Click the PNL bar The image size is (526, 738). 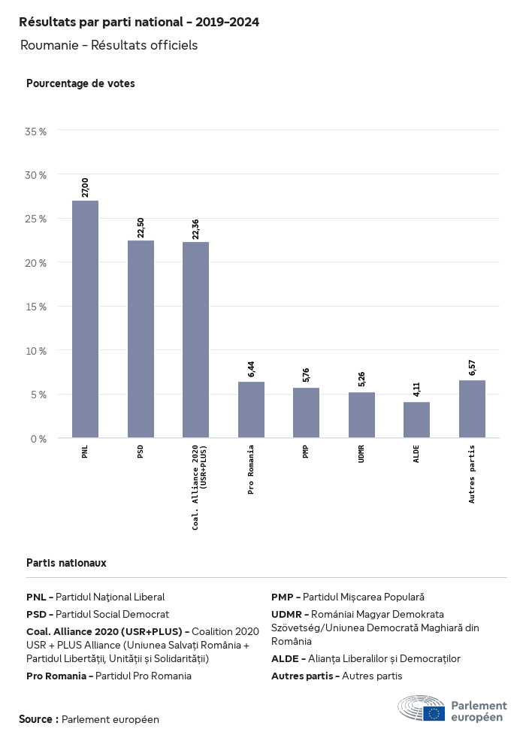tap(85, 319)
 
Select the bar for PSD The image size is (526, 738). tap(141, 339)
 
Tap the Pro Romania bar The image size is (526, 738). tap(251, 410)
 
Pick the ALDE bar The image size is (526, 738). tap(416, 419)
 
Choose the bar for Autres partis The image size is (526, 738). tap(472, 409)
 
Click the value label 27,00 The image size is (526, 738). tap(85, 187)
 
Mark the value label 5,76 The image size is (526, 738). tap(306, 375)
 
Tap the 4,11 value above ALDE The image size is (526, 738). tap(416, 389)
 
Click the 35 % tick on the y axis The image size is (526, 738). tap(36, 132)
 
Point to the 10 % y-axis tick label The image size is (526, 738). tap(36, 351)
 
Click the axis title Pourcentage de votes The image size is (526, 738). tap(80, 83)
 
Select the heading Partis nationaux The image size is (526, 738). tap(66, 562)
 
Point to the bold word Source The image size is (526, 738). tap(38, 719)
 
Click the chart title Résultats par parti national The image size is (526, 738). tap(139, 23)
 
